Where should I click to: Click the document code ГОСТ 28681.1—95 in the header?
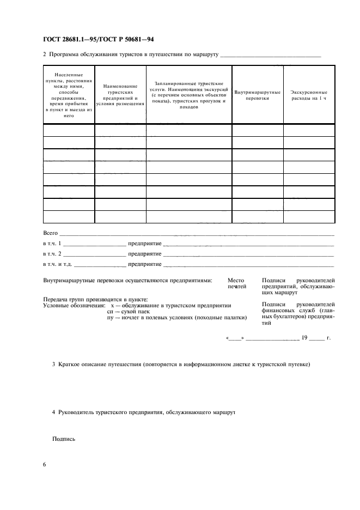[x=70, y=40]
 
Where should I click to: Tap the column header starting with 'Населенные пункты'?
[x=69, y=95]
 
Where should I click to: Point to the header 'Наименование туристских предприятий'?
[x=120, y=95]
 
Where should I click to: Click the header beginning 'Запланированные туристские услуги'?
[x=188, y=95]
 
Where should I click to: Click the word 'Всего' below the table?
[x=50, y=233]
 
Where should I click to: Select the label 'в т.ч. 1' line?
[x=52, y=244]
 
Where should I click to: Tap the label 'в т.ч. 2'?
[x=52, y=254]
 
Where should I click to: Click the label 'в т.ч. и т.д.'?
[x=57, y=264]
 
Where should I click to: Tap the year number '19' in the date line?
[x=304, y=338]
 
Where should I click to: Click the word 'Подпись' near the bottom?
[x=63, y=439]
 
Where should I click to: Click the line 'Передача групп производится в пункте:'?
[x=95, y=299]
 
